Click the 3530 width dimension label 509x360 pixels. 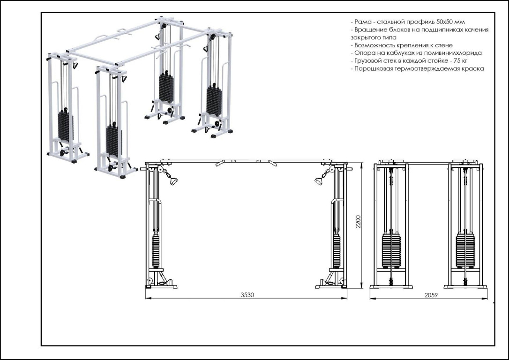247,295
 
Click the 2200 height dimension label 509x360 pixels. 358,222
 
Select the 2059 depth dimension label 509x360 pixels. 431,295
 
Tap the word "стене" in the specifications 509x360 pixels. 443,45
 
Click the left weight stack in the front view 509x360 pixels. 156,251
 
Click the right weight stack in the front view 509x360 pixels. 336,251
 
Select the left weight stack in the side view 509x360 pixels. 391,251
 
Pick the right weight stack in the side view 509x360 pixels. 465,251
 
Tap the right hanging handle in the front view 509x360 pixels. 319,181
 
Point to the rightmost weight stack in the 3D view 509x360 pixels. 214,99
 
